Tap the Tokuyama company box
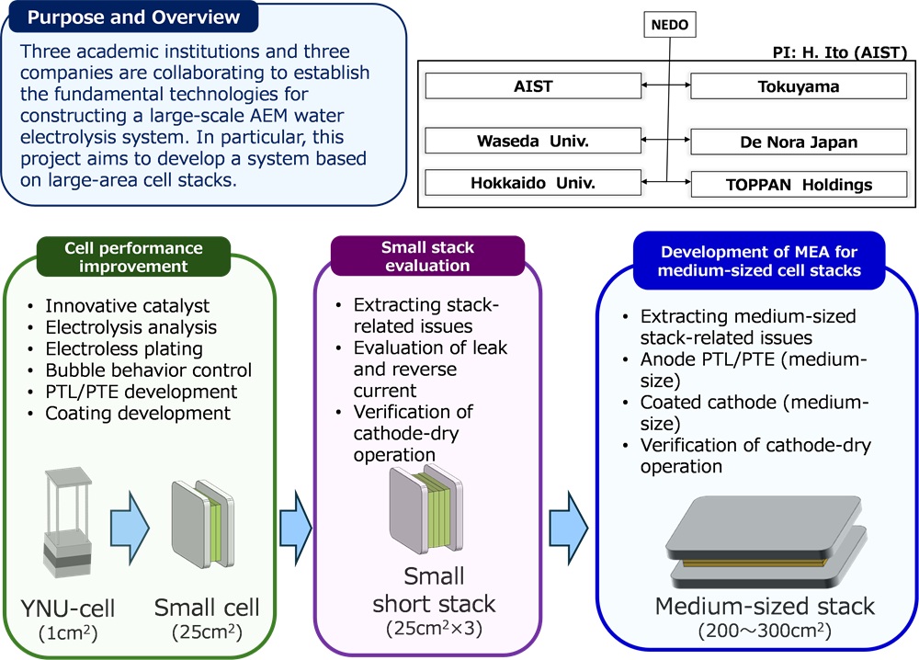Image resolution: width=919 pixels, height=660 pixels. [792, 86]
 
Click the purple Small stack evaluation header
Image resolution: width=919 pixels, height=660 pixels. [429, 255]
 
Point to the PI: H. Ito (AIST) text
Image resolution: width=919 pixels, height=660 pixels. [839, 51]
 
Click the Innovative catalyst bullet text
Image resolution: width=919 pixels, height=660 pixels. [127, 306]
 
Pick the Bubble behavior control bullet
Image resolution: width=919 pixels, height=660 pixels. [148, 370]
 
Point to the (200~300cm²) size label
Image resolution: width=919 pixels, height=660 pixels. [765, 632]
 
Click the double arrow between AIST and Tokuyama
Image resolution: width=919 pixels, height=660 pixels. [665, 86]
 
